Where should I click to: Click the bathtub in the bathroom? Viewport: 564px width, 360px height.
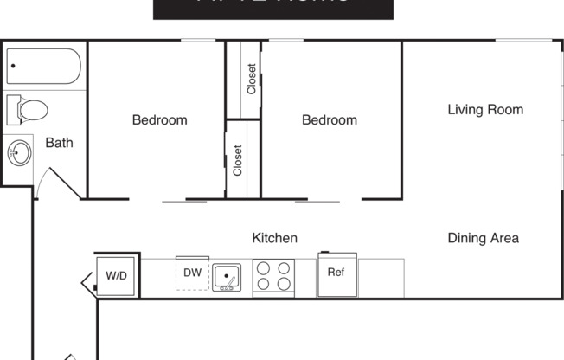pyautogui.click(x=43, y=67)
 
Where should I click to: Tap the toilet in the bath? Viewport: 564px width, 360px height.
pyautogui.click(x=28, y=110)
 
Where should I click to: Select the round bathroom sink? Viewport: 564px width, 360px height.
pyautogui.click(x=19, y=154)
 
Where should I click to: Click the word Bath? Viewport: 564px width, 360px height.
pyautogui.click(x=59, y=143)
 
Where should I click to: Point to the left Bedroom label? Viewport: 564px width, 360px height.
pyautogui.click(x=159, y=120)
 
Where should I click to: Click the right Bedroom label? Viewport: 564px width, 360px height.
pyautogui.click(x=329, y=120)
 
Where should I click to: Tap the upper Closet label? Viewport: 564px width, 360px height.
pyautogui.click(x=251, y=80)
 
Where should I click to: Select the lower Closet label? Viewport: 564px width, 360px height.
pyautogui.click(x=238, y=160)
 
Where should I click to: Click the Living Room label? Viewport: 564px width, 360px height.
pyautogui.click(x=484, y=110)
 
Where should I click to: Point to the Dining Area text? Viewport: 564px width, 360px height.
pyautogui.click(x=483, y=238)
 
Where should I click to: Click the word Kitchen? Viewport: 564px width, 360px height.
pyautogui.click(x=274, y=238)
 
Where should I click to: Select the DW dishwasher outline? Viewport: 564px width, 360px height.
pyautogui.click(x=192, y=273)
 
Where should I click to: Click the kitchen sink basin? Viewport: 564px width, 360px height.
pyautogui.click(x=227, y=277)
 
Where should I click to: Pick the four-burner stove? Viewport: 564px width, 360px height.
pyautogui.click(x=273, y=277)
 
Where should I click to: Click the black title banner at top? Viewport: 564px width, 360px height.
pyautogui.click(x=272, y=9)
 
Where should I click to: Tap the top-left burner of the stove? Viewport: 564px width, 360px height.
pyautogui.click(x=264, y=268)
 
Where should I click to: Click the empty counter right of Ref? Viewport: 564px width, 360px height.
pyautogui.click(x=381, y=277)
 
